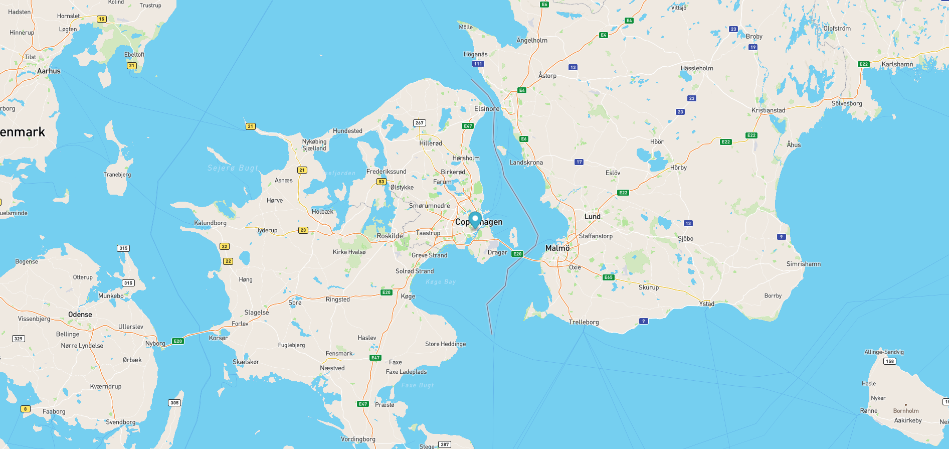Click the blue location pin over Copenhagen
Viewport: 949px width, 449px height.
[x=475, y=220]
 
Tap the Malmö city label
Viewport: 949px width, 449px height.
[x=557, y=248]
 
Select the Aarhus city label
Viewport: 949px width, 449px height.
[x=49, y=71]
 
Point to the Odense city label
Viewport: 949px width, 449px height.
[x=80, y=315]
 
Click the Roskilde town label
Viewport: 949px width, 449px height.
[x=390, y=236]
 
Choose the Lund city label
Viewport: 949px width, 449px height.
[x=592, y=217]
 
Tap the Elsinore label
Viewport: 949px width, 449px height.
[x=487, y=108]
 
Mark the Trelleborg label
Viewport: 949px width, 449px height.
[x=584, y=322]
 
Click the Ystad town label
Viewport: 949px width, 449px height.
[x=707, y=304]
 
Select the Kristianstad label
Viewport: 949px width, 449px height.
[x=768, y=110]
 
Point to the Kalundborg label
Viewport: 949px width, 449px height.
[x=210, y=223]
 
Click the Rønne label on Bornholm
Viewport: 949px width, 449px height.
[x=869, y=410]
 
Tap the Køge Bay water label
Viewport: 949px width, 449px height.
[x=441, y=282]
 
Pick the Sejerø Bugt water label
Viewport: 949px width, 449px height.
[x=233, y=168]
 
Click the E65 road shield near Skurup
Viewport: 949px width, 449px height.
[x=608, y=277]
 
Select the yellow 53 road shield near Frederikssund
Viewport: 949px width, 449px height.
[x=382, y=182]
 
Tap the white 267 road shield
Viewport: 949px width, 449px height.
[x=419, y=123]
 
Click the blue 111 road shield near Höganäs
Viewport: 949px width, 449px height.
[x=478, y=64]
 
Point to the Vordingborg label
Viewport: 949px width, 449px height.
[x=358, y=439]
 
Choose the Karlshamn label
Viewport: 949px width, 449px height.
[x=897, y=64]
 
